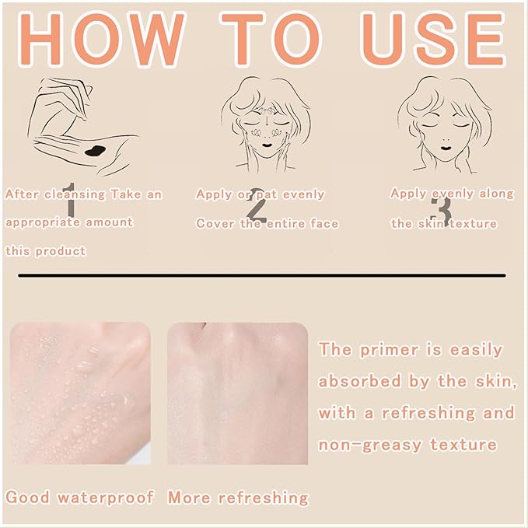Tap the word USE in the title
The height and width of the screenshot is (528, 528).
point(432,40)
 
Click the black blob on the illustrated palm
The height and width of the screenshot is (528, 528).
point(96,151)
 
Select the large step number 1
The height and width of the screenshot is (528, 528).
point(70,200)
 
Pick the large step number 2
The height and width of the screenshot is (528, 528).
point(257,206)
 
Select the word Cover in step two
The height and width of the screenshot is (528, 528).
point(215,223)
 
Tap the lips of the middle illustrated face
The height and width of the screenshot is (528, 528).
point(267,145)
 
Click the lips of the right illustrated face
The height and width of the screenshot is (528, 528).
point(446,148)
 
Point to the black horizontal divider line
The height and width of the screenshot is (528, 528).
point(262,275)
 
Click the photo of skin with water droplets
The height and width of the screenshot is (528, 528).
point(80,393)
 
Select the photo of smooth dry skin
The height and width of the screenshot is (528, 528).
point(237,393)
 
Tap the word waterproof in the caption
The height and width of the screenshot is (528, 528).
point(106,498)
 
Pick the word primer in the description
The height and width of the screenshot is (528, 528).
point(389,350)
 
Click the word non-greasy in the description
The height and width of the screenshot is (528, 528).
point(370,445)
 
